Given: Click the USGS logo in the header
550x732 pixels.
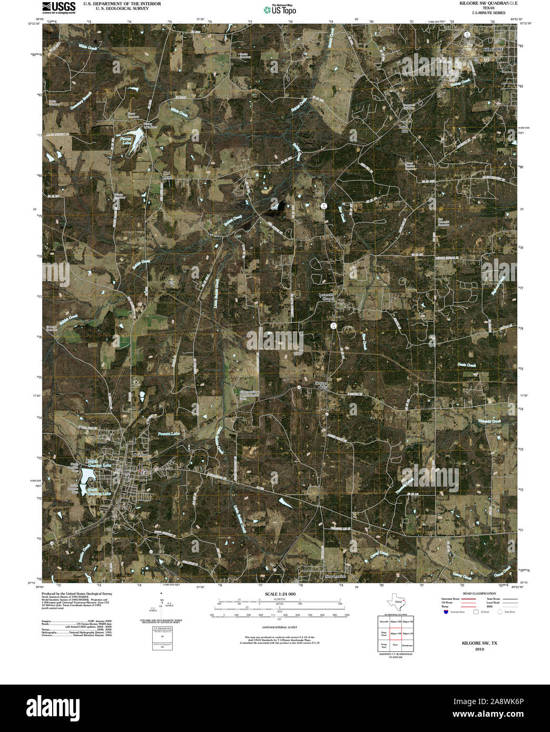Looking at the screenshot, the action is pyautogui.click(x=58, y=7).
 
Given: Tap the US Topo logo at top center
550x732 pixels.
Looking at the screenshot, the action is pyautogui.click(x=280, y=9).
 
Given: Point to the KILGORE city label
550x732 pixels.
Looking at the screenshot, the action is pyautogui.click(x=493, y=48).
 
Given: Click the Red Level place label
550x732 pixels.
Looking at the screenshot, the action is pyautogui.click(x=168, y=175).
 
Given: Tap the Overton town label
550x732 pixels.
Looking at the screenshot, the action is pyautogui.click(x=141, y=454).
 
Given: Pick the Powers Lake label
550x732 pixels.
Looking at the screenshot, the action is pyautogui.click(x=169, y=433).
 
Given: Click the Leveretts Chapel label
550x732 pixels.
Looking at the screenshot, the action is pyautogui.click(x=327, y=296).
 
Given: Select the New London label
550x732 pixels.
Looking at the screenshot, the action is pyautogui.click(x=337, y=577).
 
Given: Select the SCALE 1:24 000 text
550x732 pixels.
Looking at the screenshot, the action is pyautogui.click(x=280, y=594).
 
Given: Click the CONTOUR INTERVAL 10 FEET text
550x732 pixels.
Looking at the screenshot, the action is pyautogui.click(x=280, y=628).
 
